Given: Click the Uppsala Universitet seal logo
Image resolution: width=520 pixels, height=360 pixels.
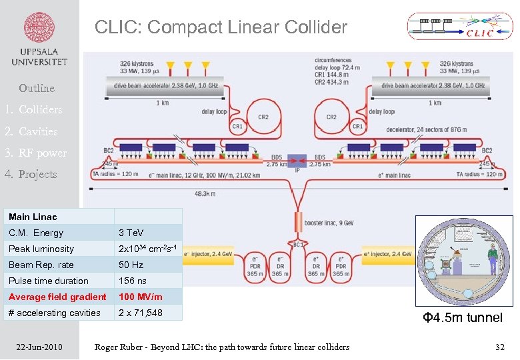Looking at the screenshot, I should pyautogui.click(x=39, y=29).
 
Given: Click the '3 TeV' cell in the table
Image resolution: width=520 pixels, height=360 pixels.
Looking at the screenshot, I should pyautogui.click(x=131, y=233).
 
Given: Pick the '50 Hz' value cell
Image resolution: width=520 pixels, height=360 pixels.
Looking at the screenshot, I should pyautogui.click(x=129, y=265).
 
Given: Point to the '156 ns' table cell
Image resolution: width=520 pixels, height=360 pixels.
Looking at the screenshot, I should pyautogui.click(x=132, y=281).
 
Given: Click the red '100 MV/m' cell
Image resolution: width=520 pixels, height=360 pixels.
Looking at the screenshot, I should pyautogui.click(x=140, y=297).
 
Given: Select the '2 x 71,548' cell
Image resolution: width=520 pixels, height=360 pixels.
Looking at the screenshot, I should pyautogui.click(x=140, y=313).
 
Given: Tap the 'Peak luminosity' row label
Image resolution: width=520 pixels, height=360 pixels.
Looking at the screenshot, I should pyautogui.click(x=41, y=249).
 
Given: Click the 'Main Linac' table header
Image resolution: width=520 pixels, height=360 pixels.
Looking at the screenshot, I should pyautogui.click(x=33, y=217).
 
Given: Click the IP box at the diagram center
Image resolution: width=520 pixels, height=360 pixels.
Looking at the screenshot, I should pyautogui.click(x=297, y=165).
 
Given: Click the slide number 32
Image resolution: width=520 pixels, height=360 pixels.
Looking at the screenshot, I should pyautogui.click(x=500, y=347).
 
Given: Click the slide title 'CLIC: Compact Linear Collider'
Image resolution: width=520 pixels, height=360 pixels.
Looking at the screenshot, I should pyautogui.click(x=221, y=27).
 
